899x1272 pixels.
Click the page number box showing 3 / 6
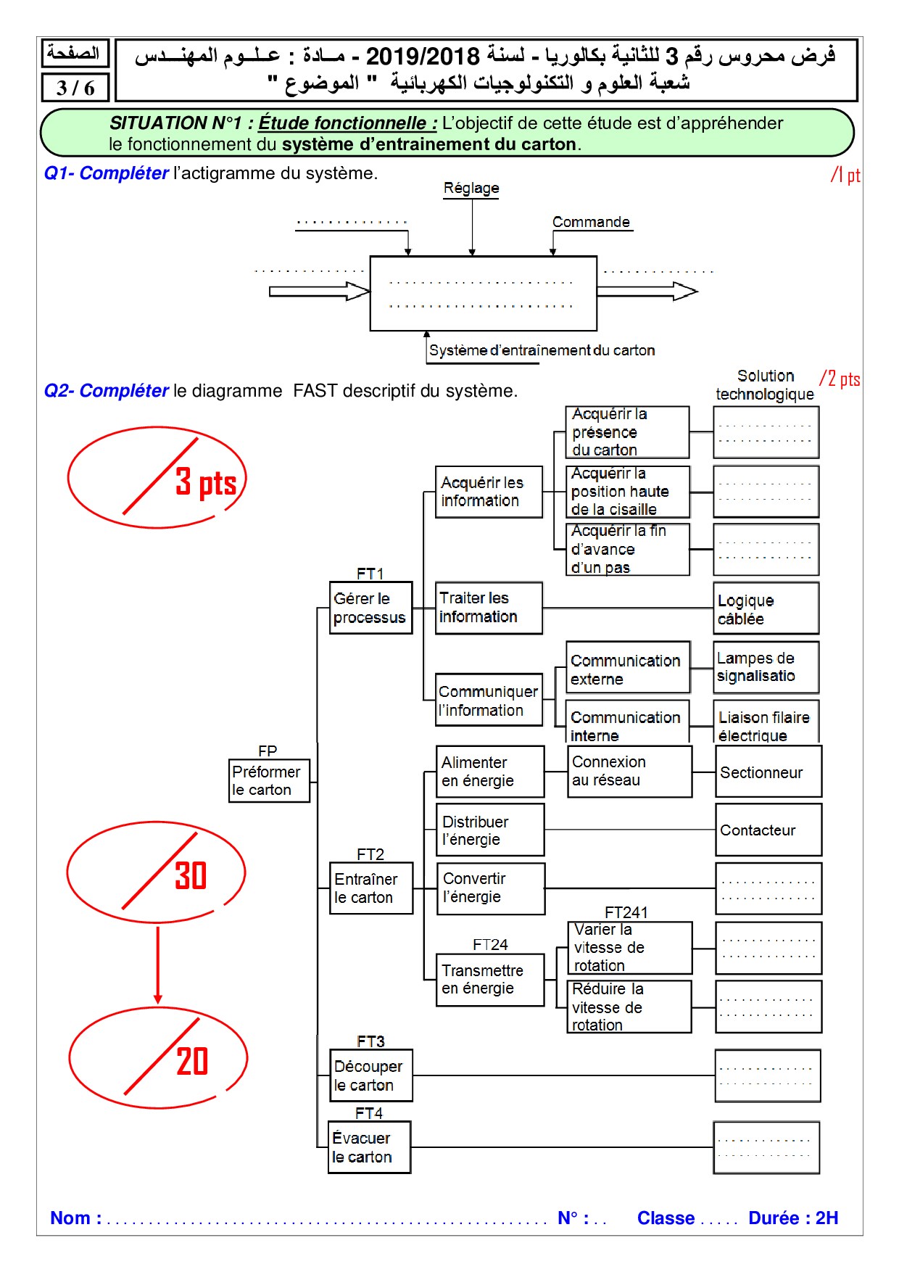coord(75,88)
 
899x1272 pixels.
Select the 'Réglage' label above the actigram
coord(471,189)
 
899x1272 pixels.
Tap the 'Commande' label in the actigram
coord(591,222)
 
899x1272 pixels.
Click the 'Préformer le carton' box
coord(269,780)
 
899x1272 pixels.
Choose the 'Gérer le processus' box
coord(370,608)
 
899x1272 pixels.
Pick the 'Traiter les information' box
coord(488,608)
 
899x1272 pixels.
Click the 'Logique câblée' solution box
coord(766,609)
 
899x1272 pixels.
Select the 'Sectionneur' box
coord(768,772)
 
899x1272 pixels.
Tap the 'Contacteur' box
coord(768,830)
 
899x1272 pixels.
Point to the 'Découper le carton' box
coord(370,1075)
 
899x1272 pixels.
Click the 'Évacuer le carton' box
coord(369,1147)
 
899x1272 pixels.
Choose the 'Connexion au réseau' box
coord(629,772)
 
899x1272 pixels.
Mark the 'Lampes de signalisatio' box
coord(766,667)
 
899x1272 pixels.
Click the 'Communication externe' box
coord(627,669)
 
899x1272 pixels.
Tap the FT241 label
coord(626,912)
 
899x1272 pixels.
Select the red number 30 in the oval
coord(191,876)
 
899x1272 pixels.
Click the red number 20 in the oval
coord(192,1062)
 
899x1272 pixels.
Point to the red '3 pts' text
coord(206,483)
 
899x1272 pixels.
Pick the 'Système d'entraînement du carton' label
coord(542,350)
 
